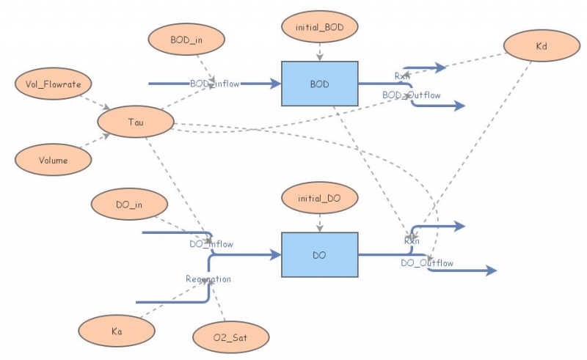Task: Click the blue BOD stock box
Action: point(319,84)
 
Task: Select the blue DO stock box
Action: point(319,255)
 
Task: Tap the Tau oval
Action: point(135,122)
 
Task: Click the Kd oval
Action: point(541,46)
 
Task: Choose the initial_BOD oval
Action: point(319,28)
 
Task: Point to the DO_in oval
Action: point(128,205)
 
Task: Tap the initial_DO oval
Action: point(319,198)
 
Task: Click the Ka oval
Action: point(117,331)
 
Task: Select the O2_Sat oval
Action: point(230,337)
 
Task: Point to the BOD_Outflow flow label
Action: point(411,95)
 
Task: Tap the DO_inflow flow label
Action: point(211,244)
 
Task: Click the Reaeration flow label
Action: point(208,279)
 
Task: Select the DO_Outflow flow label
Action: point(427,263)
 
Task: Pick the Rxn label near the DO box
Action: point(412,240)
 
